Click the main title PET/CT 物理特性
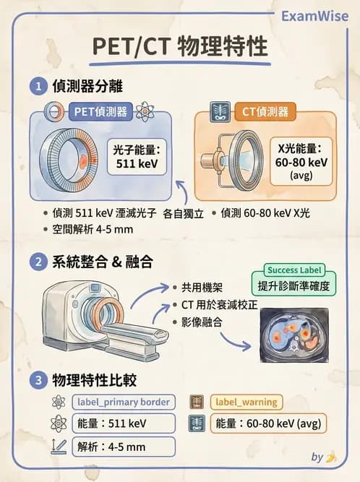[180, 47]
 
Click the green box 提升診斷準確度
[292, 286]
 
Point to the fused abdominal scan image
[293, 335]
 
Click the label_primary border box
[122, 402]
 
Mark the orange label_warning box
[245, 402]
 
